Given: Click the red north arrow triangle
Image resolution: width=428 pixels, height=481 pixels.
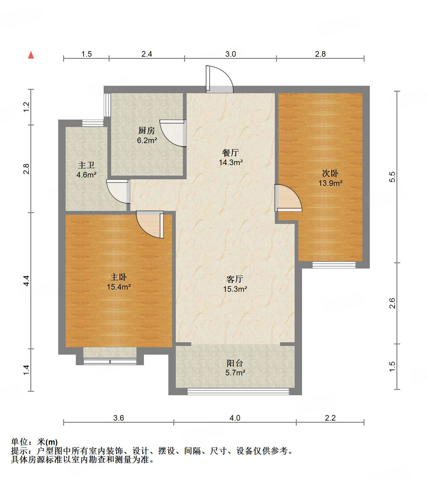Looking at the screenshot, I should click(x=31, y=55).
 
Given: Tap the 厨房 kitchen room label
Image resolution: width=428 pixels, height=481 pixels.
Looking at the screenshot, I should click(x=146, y=131).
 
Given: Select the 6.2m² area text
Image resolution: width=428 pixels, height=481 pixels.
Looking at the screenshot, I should click(x=147, y=140).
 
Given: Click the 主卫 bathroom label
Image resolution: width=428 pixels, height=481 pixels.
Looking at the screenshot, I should click(x=86, y=165).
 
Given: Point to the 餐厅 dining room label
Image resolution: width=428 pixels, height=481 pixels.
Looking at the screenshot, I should click(x=231, y=153).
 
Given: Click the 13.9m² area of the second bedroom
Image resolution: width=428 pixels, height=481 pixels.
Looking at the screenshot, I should click(x=330, y=183).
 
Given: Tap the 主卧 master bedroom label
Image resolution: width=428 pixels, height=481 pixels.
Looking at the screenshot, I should click(x=119, y=277).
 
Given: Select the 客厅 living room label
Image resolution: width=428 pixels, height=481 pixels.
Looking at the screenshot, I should click(x=235, y=279).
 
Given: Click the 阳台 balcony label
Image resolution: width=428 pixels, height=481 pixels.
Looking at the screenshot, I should click(x=235, y=363).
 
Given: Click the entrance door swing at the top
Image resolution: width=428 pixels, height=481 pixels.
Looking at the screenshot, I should click(x=220, y=79).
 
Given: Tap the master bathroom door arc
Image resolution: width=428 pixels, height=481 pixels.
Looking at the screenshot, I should click(x=118, y=192).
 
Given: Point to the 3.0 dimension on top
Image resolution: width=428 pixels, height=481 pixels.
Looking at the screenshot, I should click(x=230, y=54).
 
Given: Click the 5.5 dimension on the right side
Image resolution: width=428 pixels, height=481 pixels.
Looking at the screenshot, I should click(x=392, y=177).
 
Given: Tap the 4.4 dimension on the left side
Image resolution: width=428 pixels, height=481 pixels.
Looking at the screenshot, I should click(x=26, y=280).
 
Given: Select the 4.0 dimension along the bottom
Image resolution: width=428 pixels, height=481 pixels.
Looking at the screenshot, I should click(x=235, y=418).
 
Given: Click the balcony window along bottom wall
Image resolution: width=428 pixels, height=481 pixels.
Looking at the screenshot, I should click(x=238, y=391).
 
